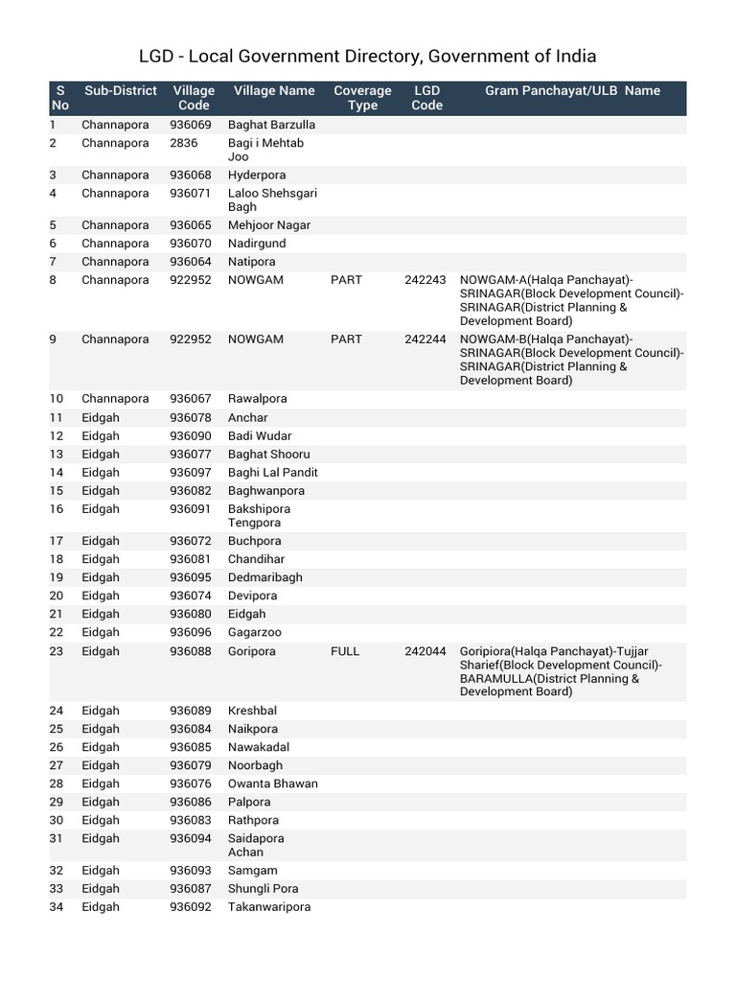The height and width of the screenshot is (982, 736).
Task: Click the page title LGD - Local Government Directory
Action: pyautogui.click(x=368, y=57)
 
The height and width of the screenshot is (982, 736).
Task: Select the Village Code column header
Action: pyautogui.click(x=194, y=98)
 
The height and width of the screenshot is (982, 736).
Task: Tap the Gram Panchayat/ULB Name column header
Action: pyautogui.click(x=572, y=91)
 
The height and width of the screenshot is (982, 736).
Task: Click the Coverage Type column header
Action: pyautogui.click(x=362, y=98)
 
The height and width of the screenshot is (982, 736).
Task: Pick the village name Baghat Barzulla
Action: pyautogui.click(x=271, y=125)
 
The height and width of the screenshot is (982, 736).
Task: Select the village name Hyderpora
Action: pyautogui.click(x=257, y=175)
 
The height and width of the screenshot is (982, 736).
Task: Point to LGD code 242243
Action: pyautogui.click(x=425, y=280)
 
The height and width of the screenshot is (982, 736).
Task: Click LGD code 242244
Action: pyautogui.click(x=425, y=339)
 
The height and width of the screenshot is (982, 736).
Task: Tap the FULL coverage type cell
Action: pyautogui.click(x=345, y=651)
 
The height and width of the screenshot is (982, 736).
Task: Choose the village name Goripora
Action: pyautogui.click(x=251, y=651)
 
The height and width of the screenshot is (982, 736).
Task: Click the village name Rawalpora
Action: pyautogui.click(x=257, y=399)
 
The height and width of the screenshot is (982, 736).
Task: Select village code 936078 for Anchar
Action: pyautogui.click(x=190, y=418)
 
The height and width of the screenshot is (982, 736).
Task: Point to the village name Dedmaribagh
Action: pyautogui.click(x=264, y=577)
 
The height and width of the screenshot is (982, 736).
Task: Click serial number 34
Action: pyautogui.click(x=56, y=907)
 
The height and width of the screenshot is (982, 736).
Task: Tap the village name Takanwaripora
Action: pyautogui.click(x=269, y=907)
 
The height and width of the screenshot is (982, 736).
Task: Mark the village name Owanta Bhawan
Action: pyautogui.click(x=272, y=783)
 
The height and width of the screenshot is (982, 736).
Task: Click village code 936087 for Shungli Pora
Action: pyautogui.click(x=190, y=889)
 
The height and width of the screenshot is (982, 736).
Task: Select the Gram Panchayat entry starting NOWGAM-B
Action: pyautogui.click(x=571, y=360)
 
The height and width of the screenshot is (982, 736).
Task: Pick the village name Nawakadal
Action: pyautogui.click(x=258, y=747)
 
